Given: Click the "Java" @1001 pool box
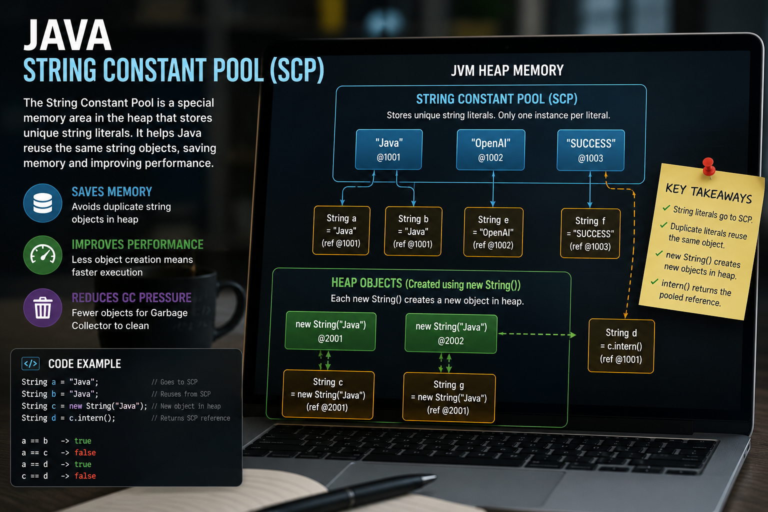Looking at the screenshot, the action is coord(389,149).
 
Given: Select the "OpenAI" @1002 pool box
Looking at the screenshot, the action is coord(490,150).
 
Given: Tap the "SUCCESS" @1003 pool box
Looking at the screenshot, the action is coord(590,150).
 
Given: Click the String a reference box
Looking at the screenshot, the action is coord(341,230).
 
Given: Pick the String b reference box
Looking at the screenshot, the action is coord(413,231).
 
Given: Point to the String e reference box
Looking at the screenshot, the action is coord(493,232).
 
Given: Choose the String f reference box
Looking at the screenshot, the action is coord(590,233).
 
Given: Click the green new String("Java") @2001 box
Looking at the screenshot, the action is coord(330,331).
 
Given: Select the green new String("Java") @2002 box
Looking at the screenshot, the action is coord(451,333).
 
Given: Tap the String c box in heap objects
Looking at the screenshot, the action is coord(328,394).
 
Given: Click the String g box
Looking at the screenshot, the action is coord(449,397).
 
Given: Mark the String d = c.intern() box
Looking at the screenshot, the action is coord(621,345).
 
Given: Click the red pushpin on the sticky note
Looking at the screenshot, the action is coord(708,167).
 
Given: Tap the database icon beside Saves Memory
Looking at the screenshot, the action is coord(43,203).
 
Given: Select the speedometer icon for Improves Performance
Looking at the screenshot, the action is coord(43,255).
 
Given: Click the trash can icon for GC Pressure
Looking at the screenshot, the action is coord(43,307).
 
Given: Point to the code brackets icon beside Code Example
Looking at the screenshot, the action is coord(30,363).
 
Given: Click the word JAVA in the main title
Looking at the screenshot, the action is coord(67,34).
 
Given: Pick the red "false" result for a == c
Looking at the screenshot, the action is coord(85,452).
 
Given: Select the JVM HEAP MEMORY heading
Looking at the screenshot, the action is coord(507,70).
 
